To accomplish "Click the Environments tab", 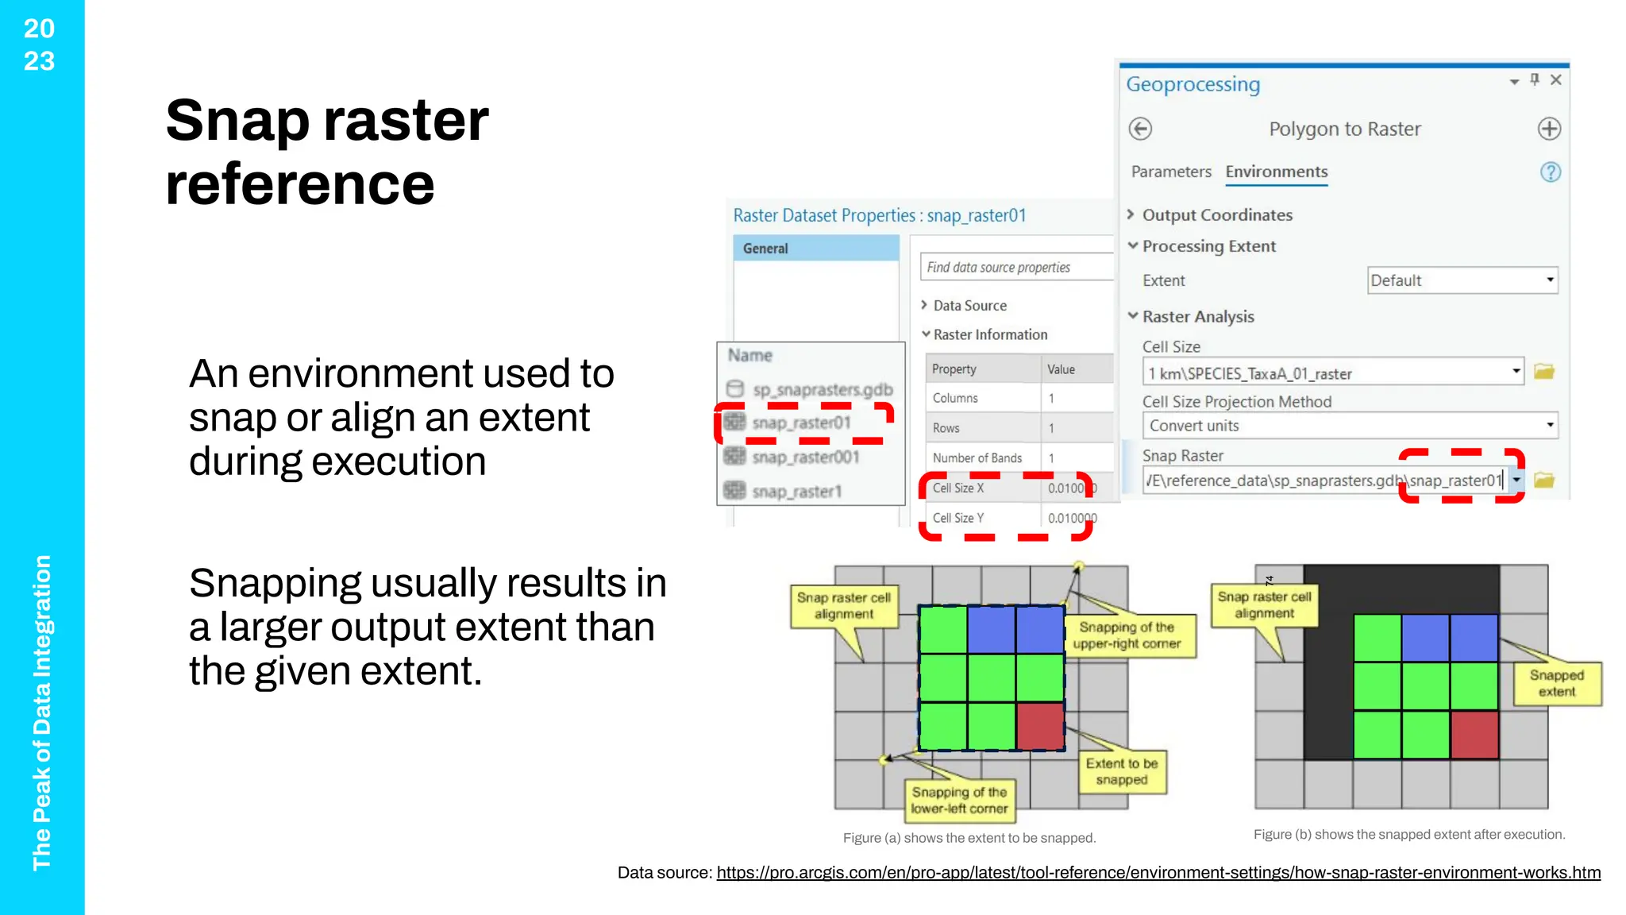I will [x=1276, y=172].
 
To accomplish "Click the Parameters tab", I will [x=1171, y=172].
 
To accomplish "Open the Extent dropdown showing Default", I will [x=1462, y=280].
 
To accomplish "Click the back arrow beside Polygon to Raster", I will [x=1140, y=129].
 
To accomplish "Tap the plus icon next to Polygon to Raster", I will [x=1549, y=129].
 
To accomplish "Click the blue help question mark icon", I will [x=1550, y=172].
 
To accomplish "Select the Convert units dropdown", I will [x=1350, y=426].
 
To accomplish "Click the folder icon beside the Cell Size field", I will [x=1543, y=372].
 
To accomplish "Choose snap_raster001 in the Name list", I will [x=805, y=457].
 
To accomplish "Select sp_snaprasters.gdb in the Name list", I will [x=823, y=390].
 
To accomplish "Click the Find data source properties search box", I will [x=1016, y=268].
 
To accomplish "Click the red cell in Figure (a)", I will [x=1040, y=726].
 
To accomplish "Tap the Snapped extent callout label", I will [x=1556, y=683].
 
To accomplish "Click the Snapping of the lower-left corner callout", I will [x=959, y=800].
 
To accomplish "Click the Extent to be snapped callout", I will [x=1121, y=771].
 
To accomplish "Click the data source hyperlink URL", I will [x=1158, y=873].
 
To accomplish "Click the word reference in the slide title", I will [x=300, y=184].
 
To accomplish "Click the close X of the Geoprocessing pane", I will [x=1556, y=79].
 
